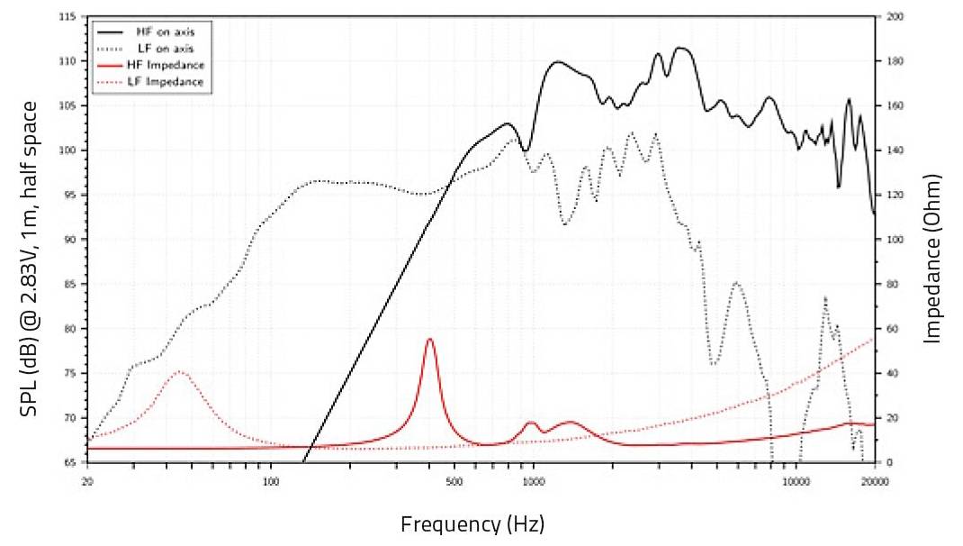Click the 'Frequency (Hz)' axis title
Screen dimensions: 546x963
tap(472, 523)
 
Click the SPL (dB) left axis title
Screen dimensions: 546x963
tap(31, 259)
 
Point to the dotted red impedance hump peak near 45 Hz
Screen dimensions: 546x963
tap(180, 371)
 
